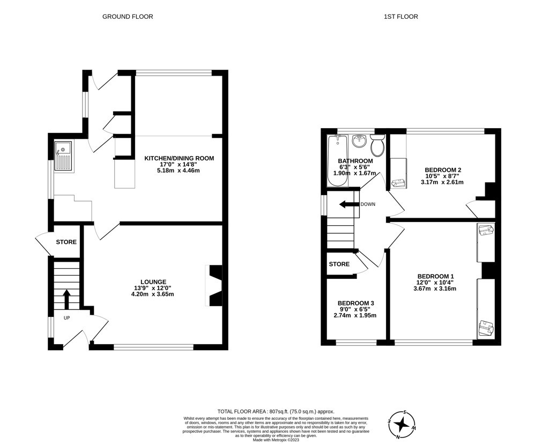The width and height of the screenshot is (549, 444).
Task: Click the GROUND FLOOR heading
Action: tap(128, 17)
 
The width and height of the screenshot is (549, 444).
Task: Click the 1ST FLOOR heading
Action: tap(400, 17)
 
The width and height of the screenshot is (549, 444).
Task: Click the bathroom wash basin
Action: tap(359, 142)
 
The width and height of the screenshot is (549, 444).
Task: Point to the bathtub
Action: tap(338, 160)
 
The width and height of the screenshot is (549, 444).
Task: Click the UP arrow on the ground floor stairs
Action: tap(66, 299)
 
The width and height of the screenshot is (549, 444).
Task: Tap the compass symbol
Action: tap(401, 424)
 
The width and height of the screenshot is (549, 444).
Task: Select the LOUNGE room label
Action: tap(153, 282)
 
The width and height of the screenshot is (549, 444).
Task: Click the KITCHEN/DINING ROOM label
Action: tap(179, 158)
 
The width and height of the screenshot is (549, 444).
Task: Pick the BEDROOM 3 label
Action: tap(355, 303)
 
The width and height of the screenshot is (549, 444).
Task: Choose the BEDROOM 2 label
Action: tap(442, 170)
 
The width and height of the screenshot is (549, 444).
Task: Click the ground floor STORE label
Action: tap(66, 242)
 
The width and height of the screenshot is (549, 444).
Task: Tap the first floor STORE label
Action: tap(339, 264)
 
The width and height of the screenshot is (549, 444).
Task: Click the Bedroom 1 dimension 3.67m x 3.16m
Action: tap(435, 289)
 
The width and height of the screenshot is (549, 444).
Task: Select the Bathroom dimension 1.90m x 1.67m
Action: tap(355, 173)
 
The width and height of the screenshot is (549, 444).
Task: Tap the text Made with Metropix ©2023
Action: tap(276, 440)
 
